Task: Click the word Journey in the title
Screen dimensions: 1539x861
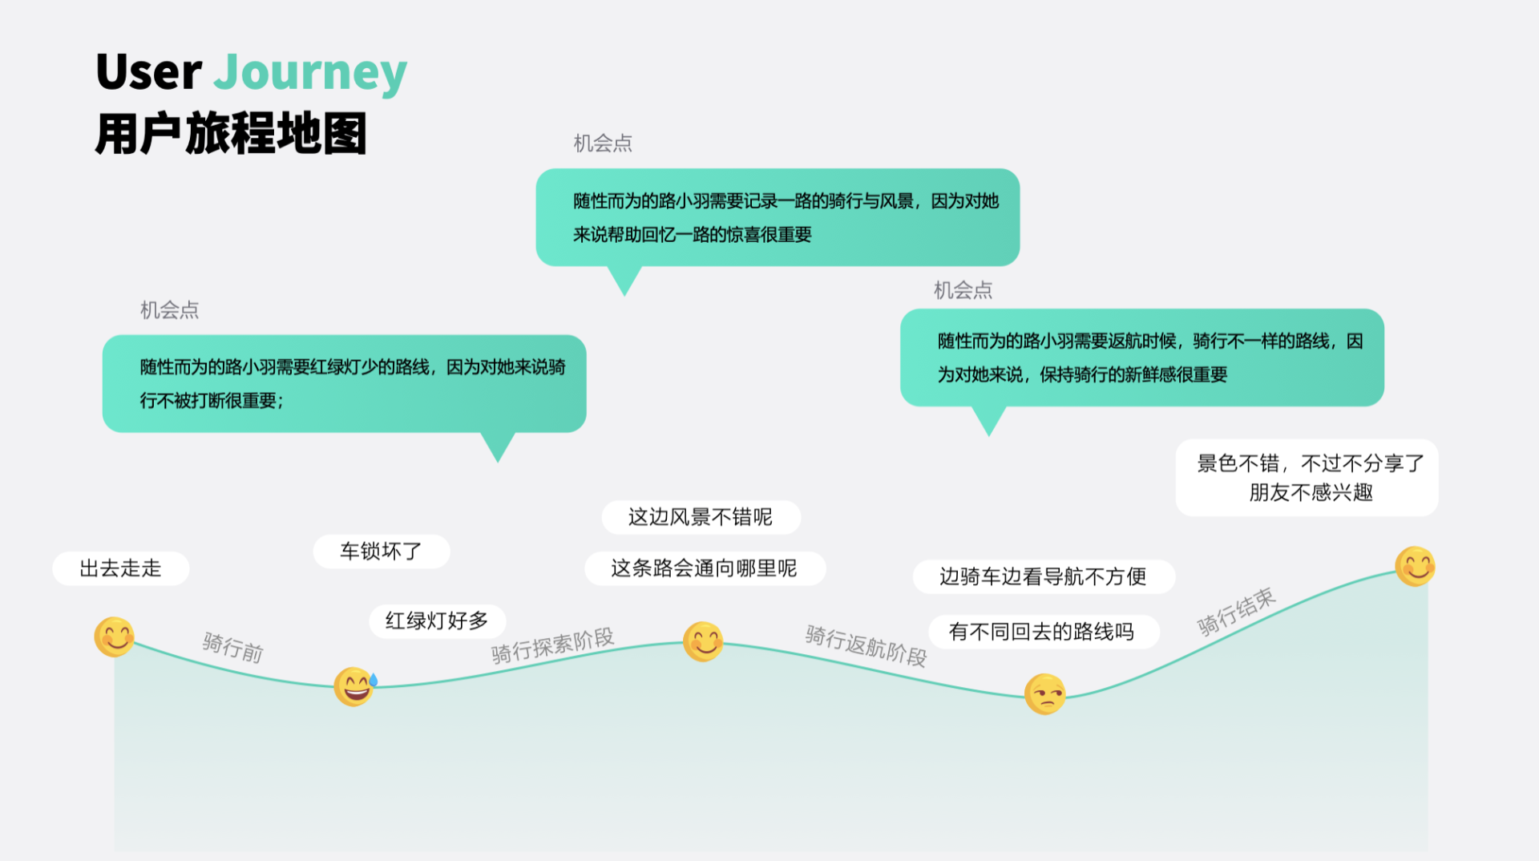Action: pyautogui.click(x=310, y=73)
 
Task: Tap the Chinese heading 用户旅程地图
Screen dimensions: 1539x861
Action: pyautogui.click(x=231, y=133)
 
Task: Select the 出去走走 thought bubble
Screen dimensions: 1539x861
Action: pyautogui.click(x=121, y=568)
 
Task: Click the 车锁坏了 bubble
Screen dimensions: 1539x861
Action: pyautogui.click(x=381, y=552)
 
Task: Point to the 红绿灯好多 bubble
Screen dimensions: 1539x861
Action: pyautogui.click(x=437, y=620)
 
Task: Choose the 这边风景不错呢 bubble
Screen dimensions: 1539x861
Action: pyautogui.click(x=701, y=517)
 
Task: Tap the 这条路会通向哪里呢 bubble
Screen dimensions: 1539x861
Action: pyautogui.click(x=705, y=568)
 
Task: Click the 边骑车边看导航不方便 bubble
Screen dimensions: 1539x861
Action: pyautogui.click(x=1043, y=576)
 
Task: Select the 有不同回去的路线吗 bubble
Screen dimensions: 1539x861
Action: pyautogui.click(x=1042, y=632)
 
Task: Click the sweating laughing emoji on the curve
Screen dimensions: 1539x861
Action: pyautogui.click(x=355, y=686)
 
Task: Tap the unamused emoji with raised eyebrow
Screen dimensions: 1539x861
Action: pyautogui.click(x=1045, y=693)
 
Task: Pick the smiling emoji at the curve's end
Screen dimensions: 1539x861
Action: pyautogui.click(x=1415, y=566)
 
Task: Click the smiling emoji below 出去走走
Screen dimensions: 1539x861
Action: pyautogui.click(x=115, y=637)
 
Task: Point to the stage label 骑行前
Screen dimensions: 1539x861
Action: pyautogui.click(x=232, y=647)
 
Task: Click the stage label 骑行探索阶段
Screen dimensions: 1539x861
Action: pyautogui.click(x=552, y=645)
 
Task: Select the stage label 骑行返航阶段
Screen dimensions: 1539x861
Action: pyautogui.click(x=866, y=645)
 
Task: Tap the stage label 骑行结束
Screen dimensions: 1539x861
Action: pyautogui.click(x=1236, y=612)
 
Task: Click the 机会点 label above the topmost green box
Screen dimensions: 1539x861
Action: pyautogui.click(x=603, y=143)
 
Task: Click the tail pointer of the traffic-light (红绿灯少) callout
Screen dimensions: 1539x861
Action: pyautogui.click(x=498, y=447)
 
